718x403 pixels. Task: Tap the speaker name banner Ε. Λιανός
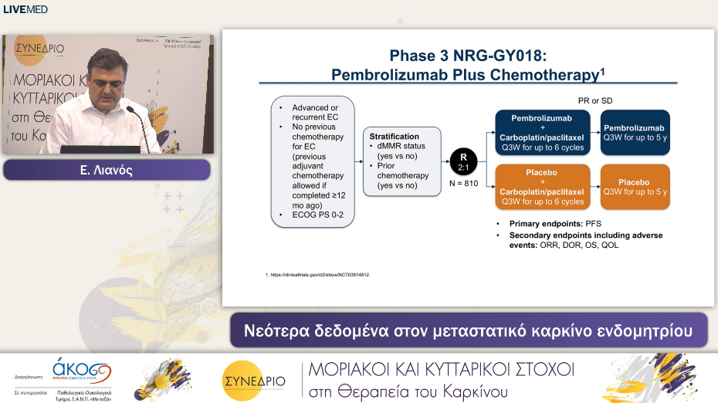107,171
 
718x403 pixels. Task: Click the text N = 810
463,185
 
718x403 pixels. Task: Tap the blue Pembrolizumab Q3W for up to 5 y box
635,132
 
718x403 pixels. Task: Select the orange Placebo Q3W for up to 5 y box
635,187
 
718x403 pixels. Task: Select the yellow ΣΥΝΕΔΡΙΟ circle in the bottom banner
253,379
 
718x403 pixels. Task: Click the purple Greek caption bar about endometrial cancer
468,330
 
